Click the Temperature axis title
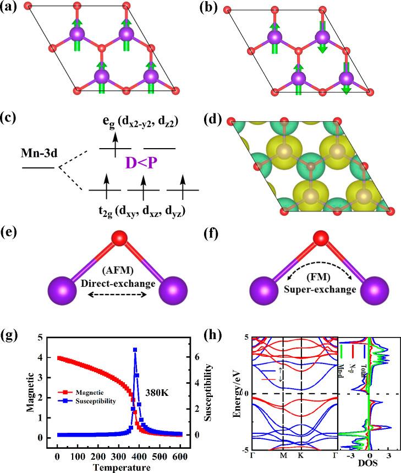click(x=119, y=469)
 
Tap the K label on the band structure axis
click(x=303, y=457)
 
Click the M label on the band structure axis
click(x=283, y=457)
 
